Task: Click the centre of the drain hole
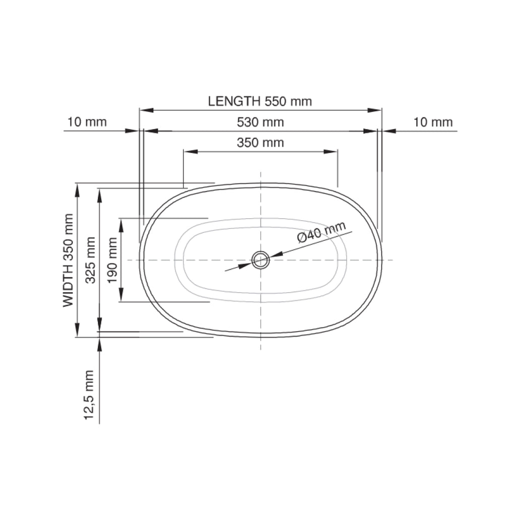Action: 261,260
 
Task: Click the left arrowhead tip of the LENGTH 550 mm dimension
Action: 140,110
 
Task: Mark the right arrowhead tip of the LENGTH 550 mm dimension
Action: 382,110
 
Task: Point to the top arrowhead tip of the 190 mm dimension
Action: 121,218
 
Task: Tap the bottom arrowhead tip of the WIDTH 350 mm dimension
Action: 77,337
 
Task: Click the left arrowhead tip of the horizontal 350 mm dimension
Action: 183,152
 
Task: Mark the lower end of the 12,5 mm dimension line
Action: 99,424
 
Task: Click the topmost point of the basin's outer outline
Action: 261,183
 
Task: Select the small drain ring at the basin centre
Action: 261,260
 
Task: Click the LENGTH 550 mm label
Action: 260,101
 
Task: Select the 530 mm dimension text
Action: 261,122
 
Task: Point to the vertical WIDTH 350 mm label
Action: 68,261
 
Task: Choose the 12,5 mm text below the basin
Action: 89,395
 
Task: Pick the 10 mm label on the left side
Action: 87,122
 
